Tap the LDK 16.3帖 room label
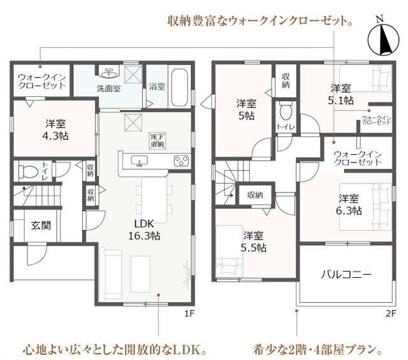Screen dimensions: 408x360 pyautogui.click(x=144, y=229)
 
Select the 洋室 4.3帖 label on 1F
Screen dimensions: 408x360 pyautogui.click(x=55, y=129)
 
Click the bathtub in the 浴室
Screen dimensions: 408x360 pyautogui.click(x=180, y=87)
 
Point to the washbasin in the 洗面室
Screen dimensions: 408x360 pyautogui.click(x=109, y=73)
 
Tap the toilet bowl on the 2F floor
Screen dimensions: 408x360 pyautogui.click(x=286, y=112)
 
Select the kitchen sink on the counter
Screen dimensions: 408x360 pyautogui.click(x=139, y=161)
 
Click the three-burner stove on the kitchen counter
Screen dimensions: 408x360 pyautogui.click(x=181, y=160)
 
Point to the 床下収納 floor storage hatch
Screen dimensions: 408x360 pyautogui.click(x=158, y=141)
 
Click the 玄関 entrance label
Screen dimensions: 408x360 pyautogui.click(x=41, y=226)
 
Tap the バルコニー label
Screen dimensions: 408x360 pyautogui.click(x=346, y=275)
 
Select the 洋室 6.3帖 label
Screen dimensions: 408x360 pyautogui.click(x=349, y=205)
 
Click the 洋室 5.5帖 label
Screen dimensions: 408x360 pyautogui.click(x=254, y=241)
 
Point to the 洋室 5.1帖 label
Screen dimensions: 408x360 pyautogui.click(x=340, y=94)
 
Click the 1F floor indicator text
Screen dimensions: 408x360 pyautogui.click(x=189, y=313)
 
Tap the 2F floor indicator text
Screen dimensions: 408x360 pyautogui.click(x=391, y=313)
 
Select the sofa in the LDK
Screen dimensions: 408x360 pyautogui.click(x=111, y=273)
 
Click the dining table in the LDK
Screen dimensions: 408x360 pyautogui.click(x=154, y=200)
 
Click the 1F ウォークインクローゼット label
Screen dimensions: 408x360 pyautogui.click(x=41, y=81)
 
